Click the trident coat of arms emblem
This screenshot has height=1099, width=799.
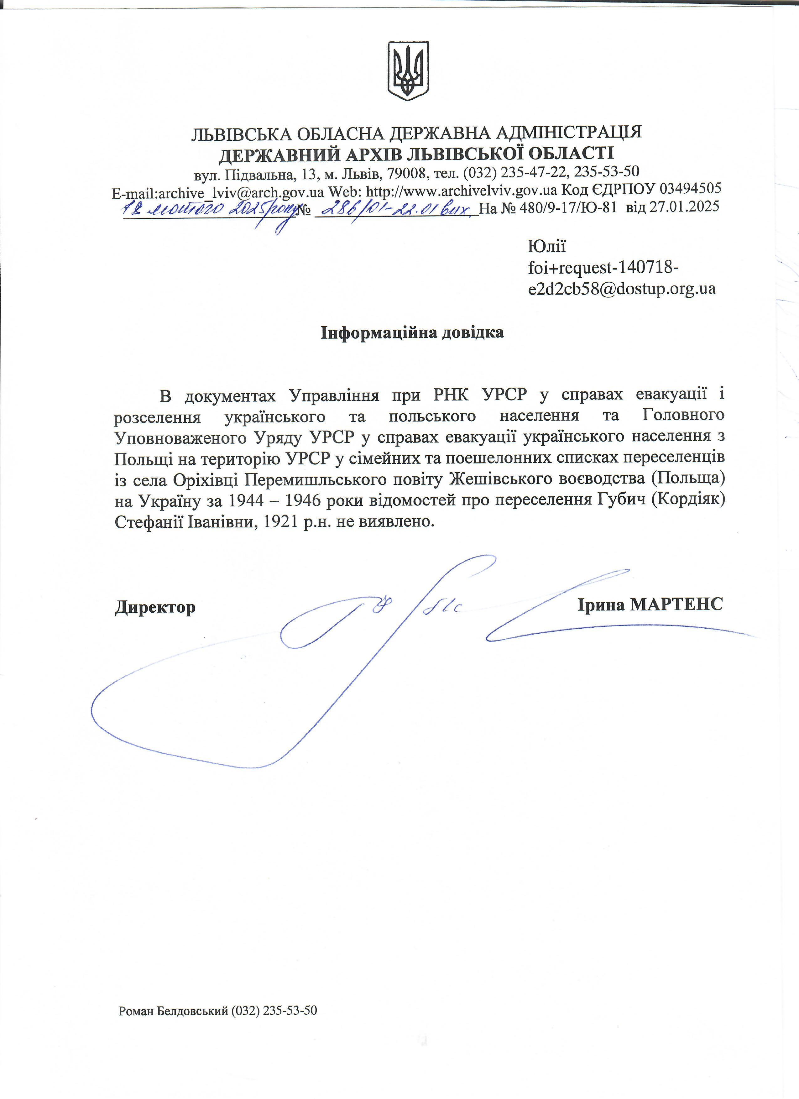[x=408, y=71]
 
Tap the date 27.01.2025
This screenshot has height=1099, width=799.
[x=684, y=207]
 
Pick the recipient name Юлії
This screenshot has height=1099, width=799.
[x=546, y=246]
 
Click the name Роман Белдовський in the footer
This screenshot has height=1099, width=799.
[x=173, y=1010]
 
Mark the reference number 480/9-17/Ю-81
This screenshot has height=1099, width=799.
[x=568, y=208]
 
